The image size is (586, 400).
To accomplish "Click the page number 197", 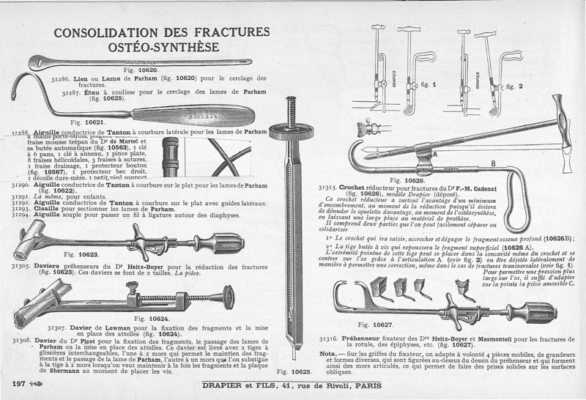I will click(x=20, y=384).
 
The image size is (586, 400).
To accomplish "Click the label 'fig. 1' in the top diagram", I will click(x=429, y=85).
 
